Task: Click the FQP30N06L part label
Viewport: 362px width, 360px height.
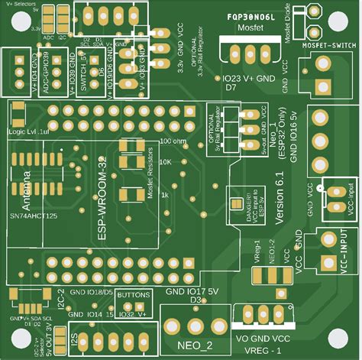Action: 251,16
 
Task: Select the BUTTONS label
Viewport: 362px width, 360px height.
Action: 135,294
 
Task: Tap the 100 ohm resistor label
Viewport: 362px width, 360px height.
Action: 173,141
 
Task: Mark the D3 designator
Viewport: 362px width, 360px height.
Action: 196,300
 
